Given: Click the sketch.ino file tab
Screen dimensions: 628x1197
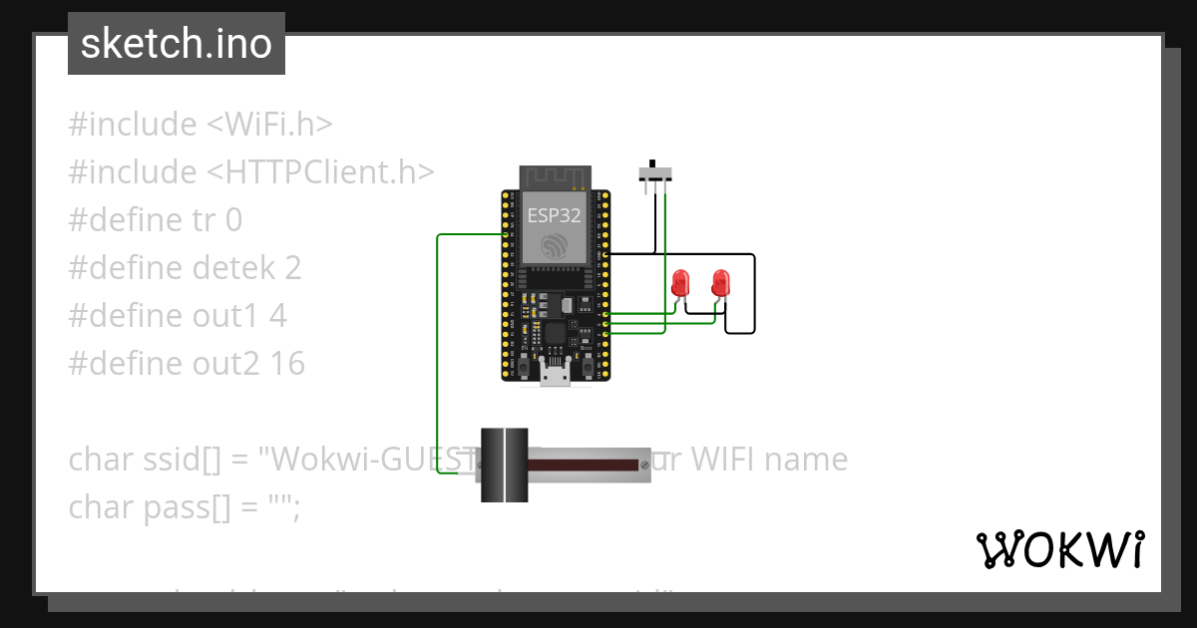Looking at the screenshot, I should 177,44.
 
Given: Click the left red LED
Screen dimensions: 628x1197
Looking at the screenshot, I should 681,281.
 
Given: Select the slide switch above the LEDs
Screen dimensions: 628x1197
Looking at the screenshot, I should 654,173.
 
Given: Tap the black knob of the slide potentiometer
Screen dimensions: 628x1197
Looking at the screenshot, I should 505,465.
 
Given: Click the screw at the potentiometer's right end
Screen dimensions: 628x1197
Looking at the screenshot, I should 644,465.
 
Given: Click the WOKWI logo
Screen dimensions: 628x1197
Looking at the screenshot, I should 1059,549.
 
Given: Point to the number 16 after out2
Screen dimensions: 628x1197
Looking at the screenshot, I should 287,364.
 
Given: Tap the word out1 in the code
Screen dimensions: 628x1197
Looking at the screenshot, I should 227,316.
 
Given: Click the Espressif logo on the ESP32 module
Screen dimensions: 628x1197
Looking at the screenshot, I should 553,245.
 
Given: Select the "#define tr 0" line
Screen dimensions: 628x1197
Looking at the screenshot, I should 156,220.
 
